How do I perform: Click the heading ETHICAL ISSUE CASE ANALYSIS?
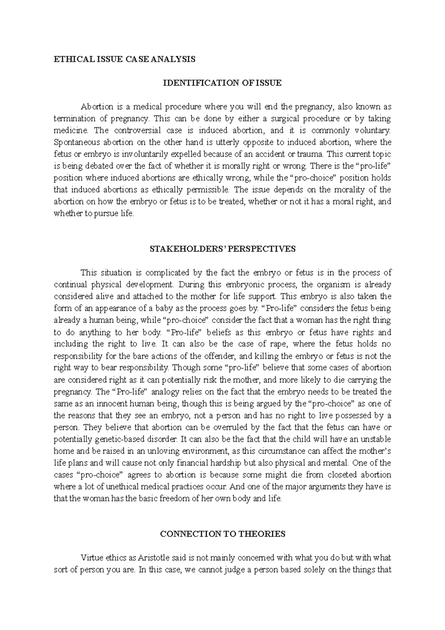click(x=124, y=59)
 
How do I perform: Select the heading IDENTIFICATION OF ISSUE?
click(x=222, y=83)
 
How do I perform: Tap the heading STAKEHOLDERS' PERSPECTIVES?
click(x=222, y=249)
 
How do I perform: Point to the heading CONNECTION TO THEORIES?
click(x=222, y=534)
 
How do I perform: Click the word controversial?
click(x=138, y=131)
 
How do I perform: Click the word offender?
click(x=218, y=356)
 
